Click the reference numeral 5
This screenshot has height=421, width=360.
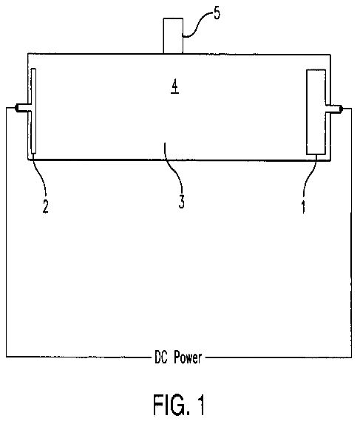click(x=217, y=13)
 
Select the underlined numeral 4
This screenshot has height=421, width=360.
click(x=175, y=87)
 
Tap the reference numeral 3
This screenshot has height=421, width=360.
click(x=182, y=202)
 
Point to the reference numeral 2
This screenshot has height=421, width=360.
click(x=46, y=207)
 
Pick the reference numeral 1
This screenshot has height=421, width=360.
click(x=304, y=207)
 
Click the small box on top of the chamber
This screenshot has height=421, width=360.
click(x=173, y=35)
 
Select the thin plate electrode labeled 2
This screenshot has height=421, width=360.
click(x=33, y=111)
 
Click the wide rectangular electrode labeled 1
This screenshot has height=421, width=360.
click(x=316, y=112)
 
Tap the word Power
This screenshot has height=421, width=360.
click(x=188, y=357)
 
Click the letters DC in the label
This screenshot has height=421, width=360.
click(x=161, y=357)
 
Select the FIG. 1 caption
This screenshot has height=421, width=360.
click(x=179, y=405)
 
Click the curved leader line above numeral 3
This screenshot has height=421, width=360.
click(x=175, y=169)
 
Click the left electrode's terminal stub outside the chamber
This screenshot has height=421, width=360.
click(x=21, y=108)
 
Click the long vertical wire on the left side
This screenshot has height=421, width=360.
click(x=7, y=232)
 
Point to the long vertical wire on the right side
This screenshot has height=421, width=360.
click(x=351, y=233)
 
